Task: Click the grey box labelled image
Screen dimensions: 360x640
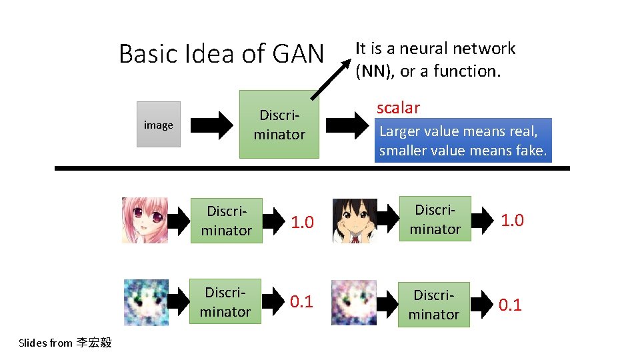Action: click(158, 124)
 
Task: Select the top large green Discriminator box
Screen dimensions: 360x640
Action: click(279, 125)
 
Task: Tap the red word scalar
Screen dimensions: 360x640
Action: click(398, 107)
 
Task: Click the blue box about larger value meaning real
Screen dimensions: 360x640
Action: click(463, 141)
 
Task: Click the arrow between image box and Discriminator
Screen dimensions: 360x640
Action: click(213, 125)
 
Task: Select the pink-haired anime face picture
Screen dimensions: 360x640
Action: click(145, 220)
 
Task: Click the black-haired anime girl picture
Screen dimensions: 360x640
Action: click(354, 219)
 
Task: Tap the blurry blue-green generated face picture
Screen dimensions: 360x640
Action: click(147, 303)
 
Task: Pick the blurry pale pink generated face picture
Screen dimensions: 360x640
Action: click(354, 303)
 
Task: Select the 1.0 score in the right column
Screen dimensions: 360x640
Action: click(512, 220)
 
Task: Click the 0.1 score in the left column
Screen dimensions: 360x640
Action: click(301, 302)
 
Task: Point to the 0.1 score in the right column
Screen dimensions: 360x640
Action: click(510, 305)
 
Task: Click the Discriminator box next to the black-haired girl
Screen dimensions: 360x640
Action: click(435, 219)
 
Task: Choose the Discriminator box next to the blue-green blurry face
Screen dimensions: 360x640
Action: click(226, 302)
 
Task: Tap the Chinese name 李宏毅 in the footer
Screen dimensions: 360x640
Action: click(94, 343)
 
